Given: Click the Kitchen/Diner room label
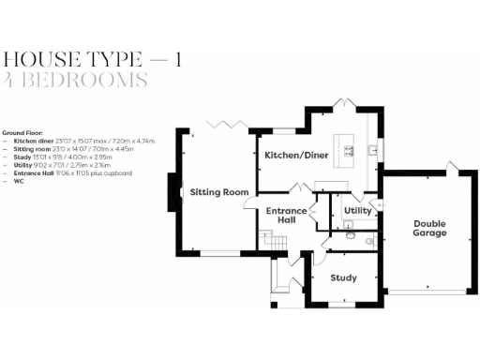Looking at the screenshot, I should pyautogui.click(x=295, y=155).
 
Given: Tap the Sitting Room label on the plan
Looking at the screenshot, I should pyautogui.click(x=219, y=192).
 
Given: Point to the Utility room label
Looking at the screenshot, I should pyautogui.click(x=358, y=211).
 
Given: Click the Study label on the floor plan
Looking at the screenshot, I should pyautogui.click(x=344, y=277).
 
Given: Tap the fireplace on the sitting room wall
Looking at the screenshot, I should pyautogui.click(x=173, y=191).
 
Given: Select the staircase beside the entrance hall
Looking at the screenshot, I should pyautogui.click(x=273, y=242).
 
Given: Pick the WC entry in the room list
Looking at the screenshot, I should pyautogui.click(x=18, y=182).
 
